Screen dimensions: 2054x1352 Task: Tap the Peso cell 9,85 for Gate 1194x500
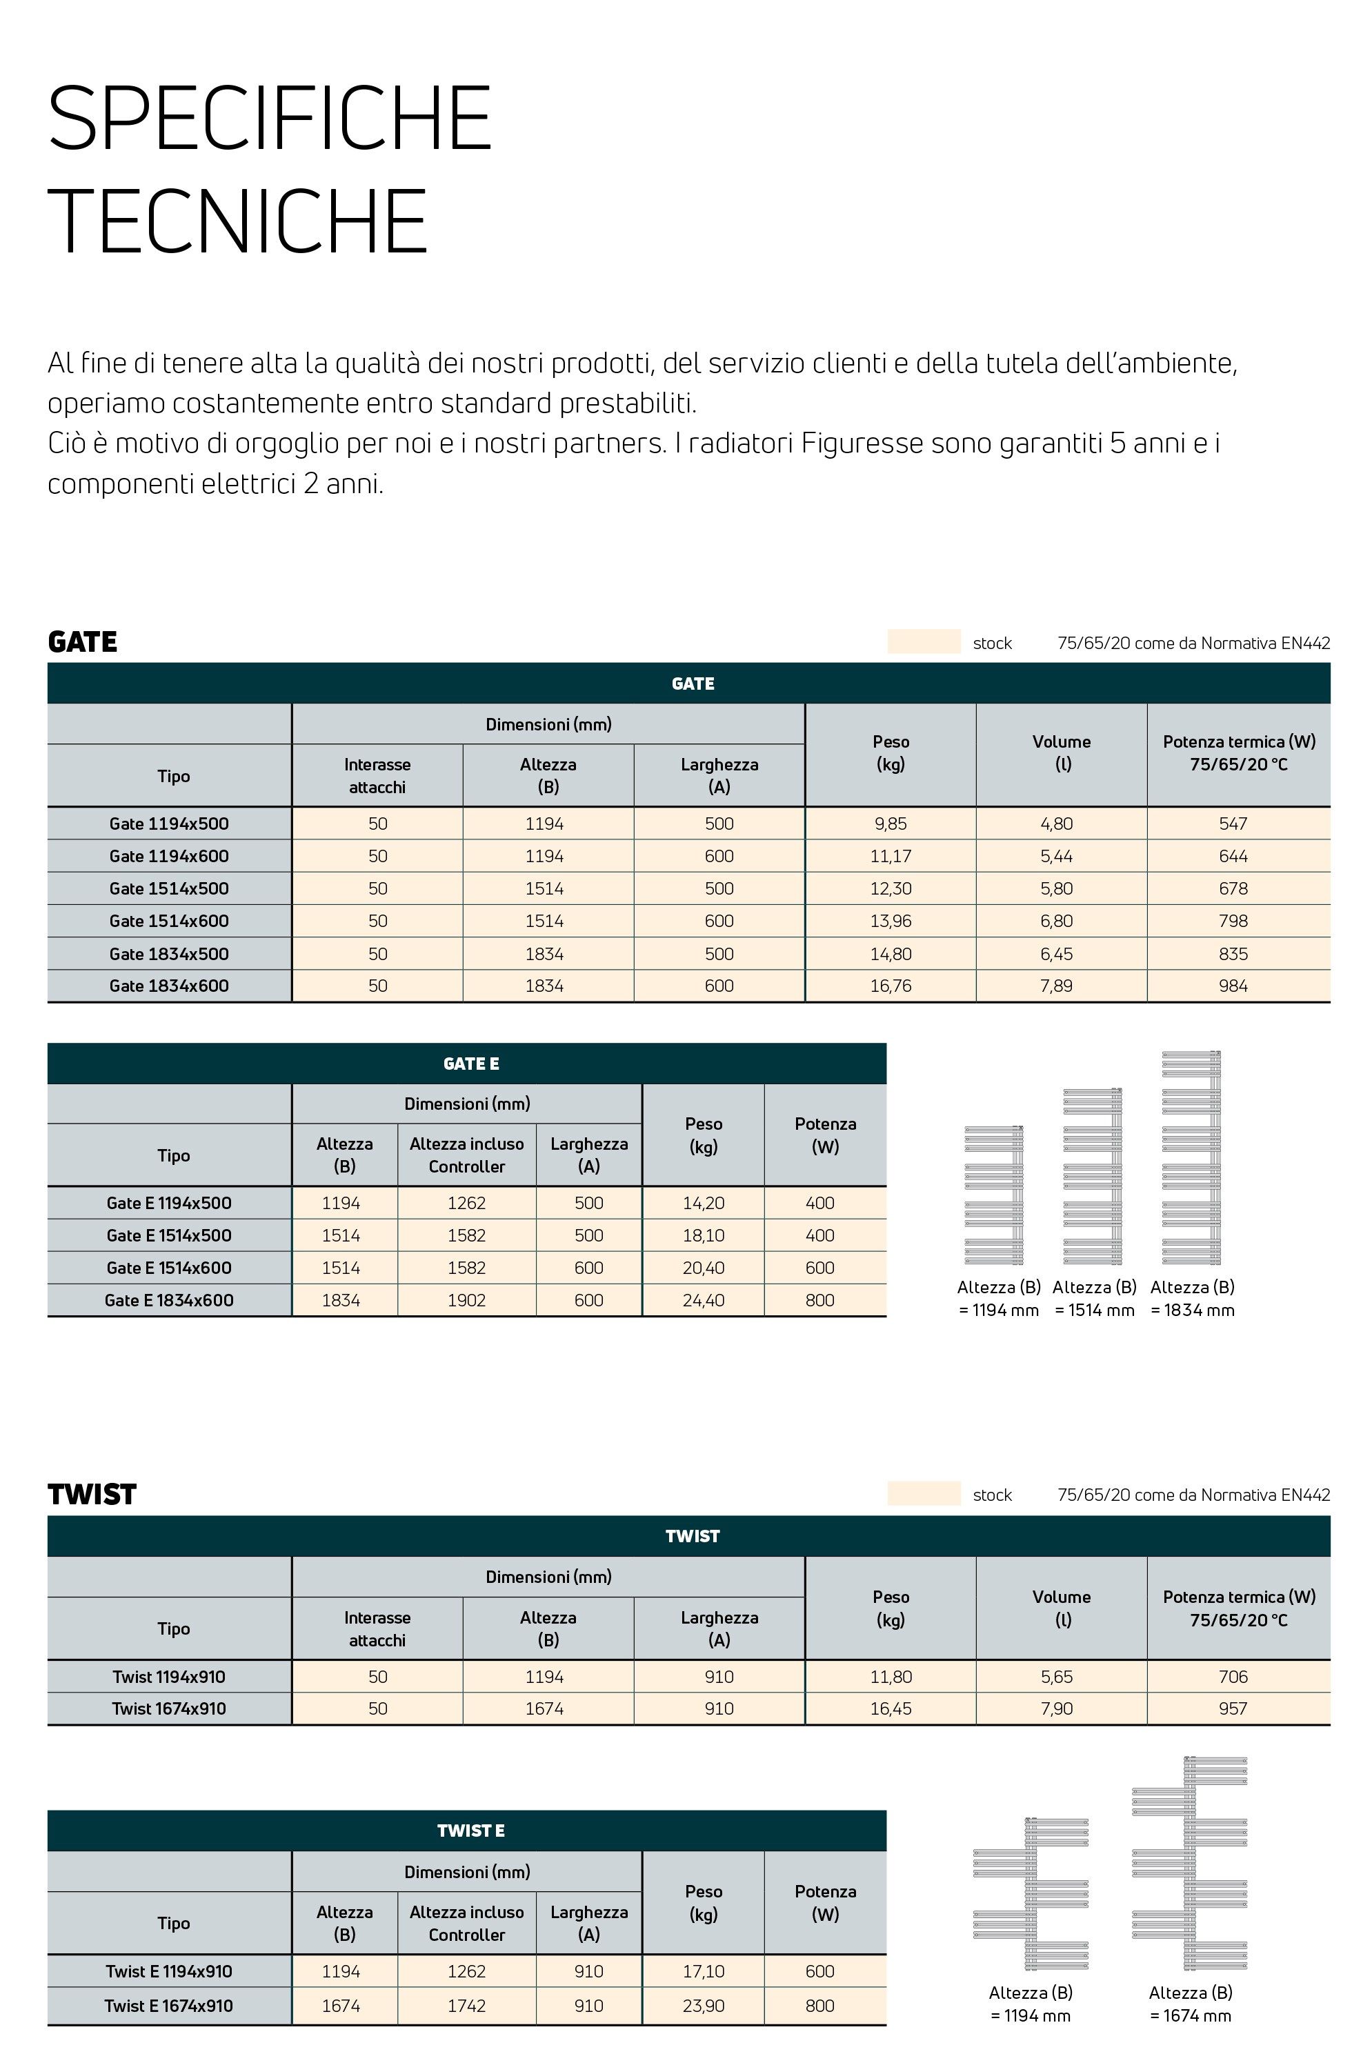(x=890, y=824)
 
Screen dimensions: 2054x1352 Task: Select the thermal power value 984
(x=1233, y=986)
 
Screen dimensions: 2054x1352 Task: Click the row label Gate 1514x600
(x=169, y=921)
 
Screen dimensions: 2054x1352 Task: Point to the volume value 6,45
(x=1056, y=954)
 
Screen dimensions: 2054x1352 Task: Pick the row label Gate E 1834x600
(x=169, y=1301)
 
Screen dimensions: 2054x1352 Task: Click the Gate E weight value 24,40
(x=703, y=1301)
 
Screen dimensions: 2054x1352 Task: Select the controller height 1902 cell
(x=466, y=1301)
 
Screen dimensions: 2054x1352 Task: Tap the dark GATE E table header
(x=470, y=1064)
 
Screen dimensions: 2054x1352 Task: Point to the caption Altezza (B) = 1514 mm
(x=1094, y=1298)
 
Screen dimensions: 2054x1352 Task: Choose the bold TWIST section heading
(x=92, y=1495)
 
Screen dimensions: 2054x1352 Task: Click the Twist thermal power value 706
(x=1233, y=1676)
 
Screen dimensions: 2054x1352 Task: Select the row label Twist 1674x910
(x=169, y=1708)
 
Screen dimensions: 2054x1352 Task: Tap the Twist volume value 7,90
(x=1056, y=1708)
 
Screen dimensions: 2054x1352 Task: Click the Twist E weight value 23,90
(x=703, y=2006)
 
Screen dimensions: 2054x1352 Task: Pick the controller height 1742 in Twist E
(x=466, y=2006)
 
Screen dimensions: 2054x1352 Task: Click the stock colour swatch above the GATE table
(x=923, y=641)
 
